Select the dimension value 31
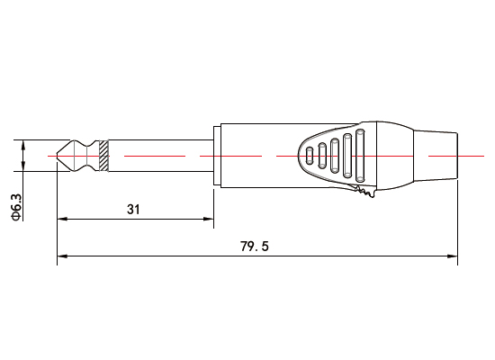[x=133, y=209]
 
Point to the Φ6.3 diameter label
[x=15, y=206]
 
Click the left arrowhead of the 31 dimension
[x=61, y=219]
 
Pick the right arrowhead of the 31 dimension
[x=210, y=219]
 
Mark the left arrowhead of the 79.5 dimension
[x=61, y=257]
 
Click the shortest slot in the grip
[x=311, y=155]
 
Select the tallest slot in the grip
[x=360, y=155]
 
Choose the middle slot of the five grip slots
[x=336, y=155]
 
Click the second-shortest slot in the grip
[x=323, y=155]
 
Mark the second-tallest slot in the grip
[x=347, y=155]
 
